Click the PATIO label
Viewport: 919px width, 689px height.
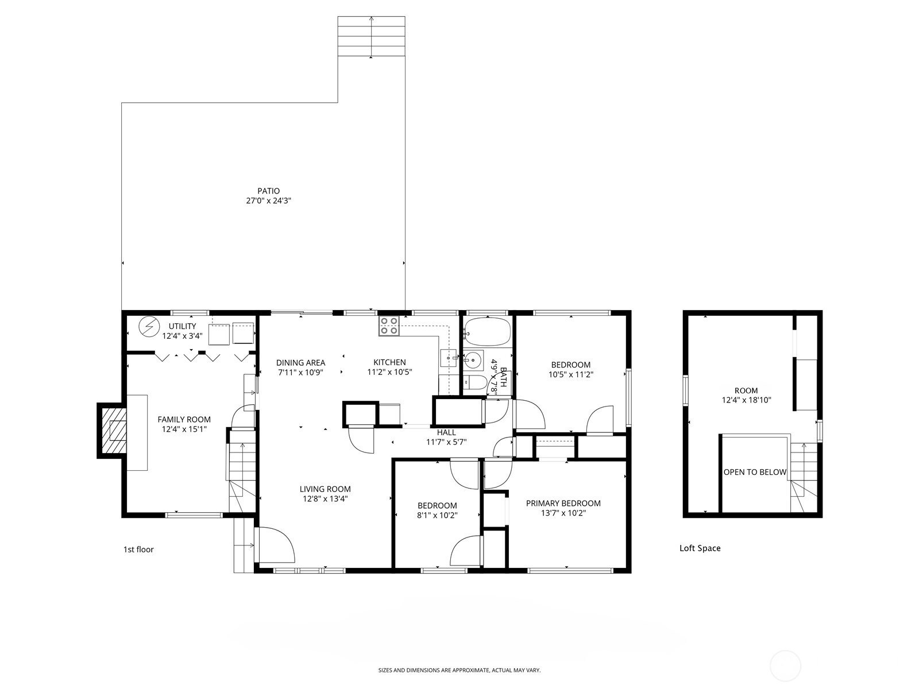(x=268, y=191)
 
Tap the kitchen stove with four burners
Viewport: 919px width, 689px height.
(x=389, y=326)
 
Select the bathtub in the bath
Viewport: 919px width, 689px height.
(x=488, y=331)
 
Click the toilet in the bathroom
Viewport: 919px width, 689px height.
(x=475, y=382)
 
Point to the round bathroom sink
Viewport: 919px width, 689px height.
(x=473, y=359)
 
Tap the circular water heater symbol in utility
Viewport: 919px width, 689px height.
(x=149, y=326)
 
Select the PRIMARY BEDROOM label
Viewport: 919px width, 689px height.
(x=563, y=504)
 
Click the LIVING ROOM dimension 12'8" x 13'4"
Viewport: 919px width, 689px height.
(x=325, y=498)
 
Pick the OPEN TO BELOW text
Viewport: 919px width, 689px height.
(x=755, y=472)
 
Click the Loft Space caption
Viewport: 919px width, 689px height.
(x=700, y=548)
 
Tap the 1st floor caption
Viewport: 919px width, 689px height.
(x=138, y=549)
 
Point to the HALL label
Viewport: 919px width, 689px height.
(x=446, y=432)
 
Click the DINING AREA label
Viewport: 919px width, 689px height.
(x=300, y=363)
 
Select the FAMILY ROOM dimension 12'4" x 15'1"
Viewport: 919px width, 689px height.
(x=184, y=429)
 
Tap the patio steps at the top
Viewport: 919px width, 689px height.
(x=372, y=36)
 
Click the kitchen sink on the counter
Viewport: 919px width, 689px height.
(x=449, y=358)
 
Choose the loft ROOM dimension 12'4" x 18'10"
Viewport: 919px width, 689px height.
(x=746, y=400)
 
